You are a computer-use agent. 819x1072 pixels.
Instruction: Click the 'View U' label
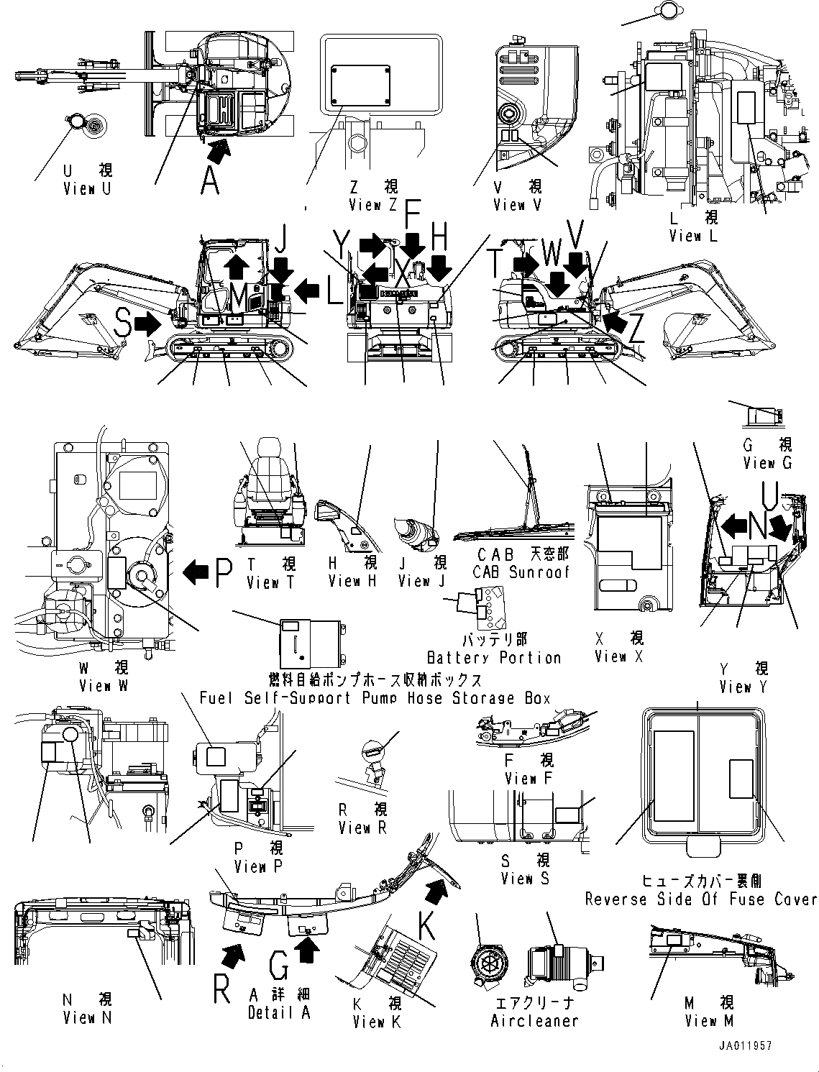pos(88,189)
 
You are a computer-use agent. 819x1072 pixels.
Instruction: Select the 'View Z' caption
pos(374,206)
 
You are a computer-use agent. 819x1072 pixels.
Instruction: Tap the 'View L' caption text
pos(693,236)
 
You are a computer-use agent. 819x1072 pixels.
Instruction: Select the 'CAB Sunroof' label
pos(521,572)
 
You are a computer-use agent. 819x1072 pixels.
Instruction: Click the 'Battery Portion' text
pos(493,657)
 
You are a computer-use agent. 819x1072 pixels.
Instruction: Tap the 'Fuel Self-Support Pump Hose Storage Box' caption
pos(374,697)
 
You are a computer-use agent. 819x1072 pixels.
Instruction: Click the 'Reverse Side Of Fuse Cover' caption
pos(700,899)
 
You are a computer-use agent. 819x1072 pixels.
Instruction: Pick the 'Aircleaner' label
pos(534,1020)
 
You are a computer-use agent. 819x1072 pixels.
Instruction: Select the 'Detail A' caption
pos(280,1013)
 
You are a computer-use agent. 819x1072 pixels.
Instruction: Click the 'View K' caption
pos(378,1022)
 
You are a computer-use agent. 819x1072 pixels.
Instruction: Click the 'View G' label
pos(767,463)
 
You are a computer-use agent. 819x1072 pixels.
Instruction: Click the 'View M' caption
pos(709,1020)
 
